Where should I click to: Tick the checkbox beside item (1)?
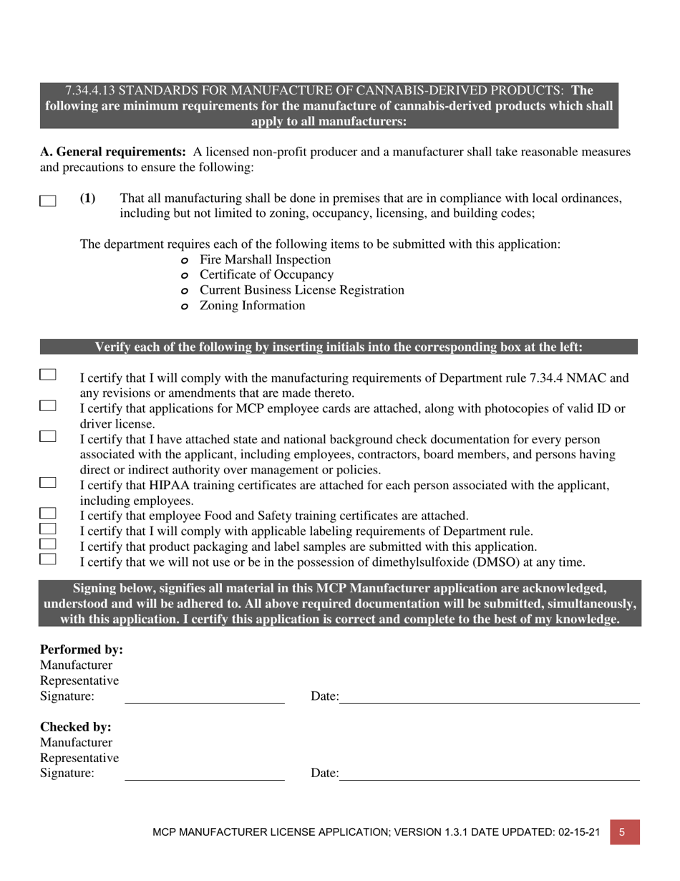pyautogui.click(x=48, y=201)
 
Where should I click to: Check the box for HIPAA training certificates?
pyautogui.click(x=48, y=483)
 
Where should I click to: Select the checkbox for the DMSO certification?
pyautogui.click(x=48, y=559)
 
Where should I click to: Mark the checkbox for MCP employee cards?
pyautogui.click(x=48, y=406)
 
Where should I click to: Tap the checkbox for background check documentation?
pyautogui.click(x=48, y=436)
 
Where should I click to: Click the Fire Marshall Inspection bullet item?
pyautogui.click(x=265, y=259)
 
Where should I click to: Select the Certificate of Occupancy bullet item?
pyautogui.click(x=266, y=274)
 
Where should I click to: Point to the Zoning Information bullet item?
pyautogui.click(x=252, y=306)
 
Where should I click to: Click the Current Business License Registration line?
pyautogui.click(x=301, y=290)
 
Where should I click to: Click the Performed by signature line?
pyautogui.click(x=205, y=702)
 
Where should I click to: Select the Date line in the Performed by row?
pyautogui.click(x=488, y=702)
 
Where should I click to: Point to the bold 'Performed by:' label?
pyautogui.click(x=82, y=650)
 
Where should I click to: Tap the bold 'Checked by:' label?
pyautogui.click(x=76, y=726)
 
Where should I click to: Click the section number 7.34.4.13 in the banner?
pyautogui.click(x=90, y=90)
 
